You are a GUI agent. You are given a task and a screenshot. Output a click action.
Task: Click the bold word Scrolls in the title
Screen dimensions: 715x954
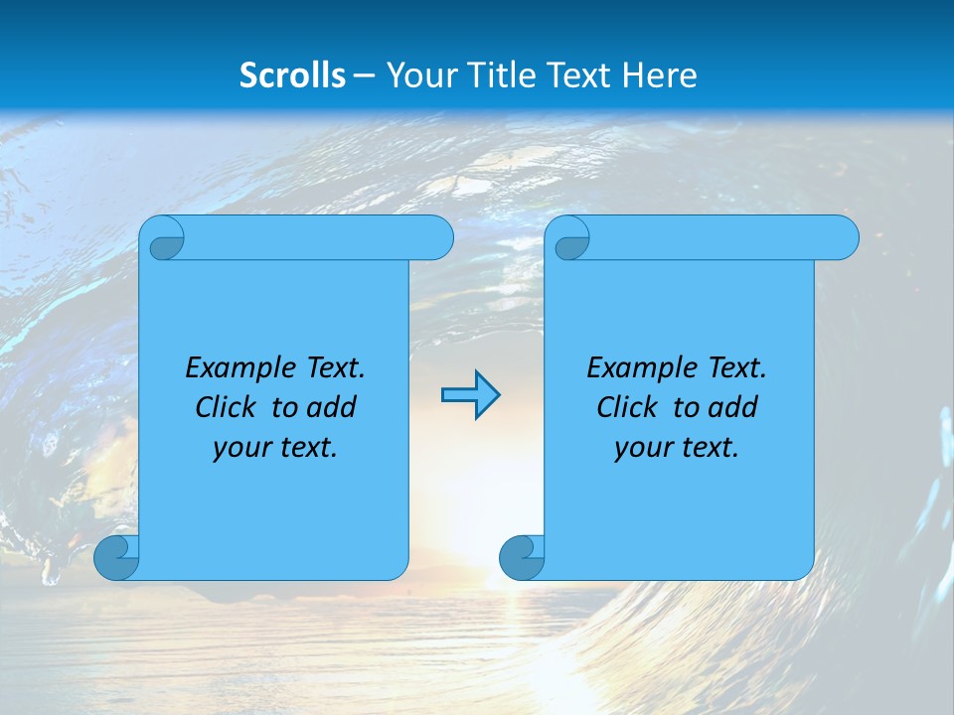[292, 74]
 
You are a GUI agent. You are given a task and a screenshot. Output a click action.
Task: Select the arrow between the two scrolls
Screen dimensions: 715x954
[470, 395]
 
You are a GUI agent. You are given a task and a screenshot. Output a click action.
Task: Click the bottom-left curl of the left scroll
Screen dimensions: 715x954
[116, 557]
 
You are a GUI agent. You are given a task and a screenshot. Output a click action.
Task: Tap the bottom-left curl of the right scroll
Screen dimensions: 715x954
[522, 557]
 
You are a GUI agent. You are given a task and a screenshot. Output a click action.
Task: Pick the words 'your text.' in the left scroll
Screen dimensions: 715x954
[275, 447]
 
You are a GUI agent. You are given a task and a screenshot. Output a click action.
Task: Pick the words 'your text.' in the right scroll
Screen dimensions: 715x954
[677, 447]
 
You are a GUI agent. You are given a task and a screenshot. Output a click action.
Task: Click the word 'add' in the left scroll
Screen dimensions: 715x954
[332, 407]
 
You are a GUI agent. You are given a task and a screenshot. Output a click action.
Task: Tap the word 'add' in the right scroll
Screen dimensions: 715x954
[733, 407]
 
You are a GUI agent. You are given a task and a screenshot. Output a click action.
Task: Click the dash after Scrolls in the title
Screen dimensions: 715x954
[364, 75]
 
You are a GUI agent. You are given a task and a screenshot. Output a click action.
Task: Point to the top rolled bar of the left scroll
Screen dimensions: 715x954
[318, 237]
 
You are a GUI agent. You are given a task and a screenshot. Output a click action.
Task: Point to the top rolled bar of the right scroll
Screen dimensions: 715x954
[723, 237]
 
